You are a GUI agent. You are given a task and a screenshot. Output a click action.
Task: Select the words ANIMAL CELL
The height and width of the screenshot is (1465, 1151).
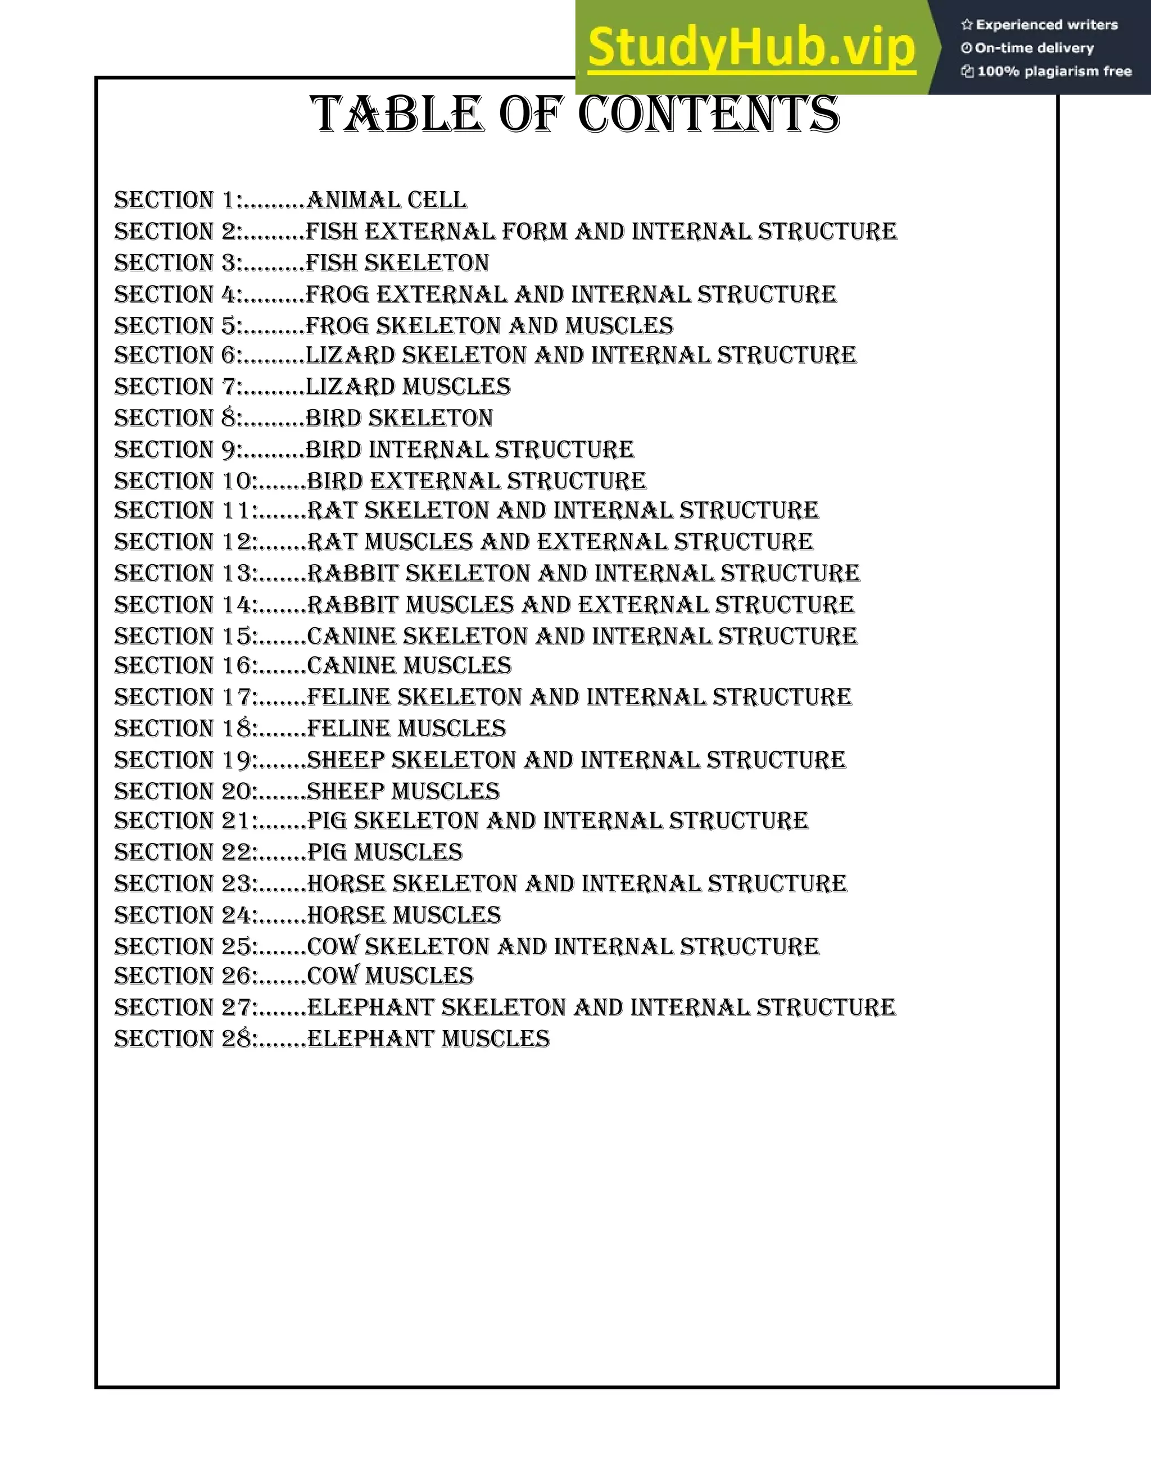(x=386, y=200)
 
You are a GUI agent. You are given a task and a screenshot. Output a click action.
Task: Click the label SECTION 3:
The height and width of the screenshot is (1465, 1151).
(x=177, y=263)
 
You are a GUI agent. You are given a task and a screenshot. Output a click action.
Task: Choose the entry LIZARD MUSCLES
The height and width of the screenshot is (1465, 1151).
(x=407, y=387)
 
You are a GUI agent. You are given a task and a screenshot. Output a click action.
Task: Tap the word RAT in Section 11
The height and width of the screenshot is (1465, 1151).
(x=332, y=511)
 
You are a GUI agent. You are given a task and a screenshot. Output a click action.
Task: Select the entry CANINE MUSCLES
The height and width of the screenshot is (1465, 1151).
(x=409, y=666)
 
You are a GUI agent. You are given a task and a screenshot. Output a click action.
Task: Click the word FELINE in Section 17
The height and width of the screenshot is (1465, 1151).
(x=348, y=697)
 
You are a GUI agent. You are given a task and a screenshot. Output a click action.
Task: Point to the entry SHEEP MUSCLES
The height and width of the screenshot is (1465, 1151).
(x=403, y=791)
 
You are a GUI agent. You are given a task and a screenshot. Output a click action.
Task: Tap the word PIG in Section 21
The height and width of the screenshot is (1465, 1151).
(x=327, y=821)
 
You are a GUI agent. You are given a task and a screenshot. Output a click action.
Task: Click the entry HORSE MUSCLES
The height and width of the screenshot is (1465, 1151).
(x=404, y=915)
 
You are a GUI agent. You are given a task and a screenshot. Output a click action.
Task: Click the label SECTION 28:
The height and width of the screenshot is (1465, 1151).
(x=185, y=1039)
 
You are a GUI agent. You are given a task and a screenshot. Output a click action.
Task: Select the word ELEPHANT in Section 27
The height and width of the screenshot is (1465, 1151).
(x=370, y=1008)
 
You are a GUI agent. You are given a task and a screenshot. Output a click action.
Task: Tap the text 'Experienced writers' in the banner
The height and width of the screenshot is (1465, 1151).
(x=1046, y=25)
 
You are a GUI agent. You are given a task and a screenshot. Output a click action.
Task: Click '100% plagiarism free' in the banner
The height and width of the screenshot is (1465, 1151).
(x=1053, y=71)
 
